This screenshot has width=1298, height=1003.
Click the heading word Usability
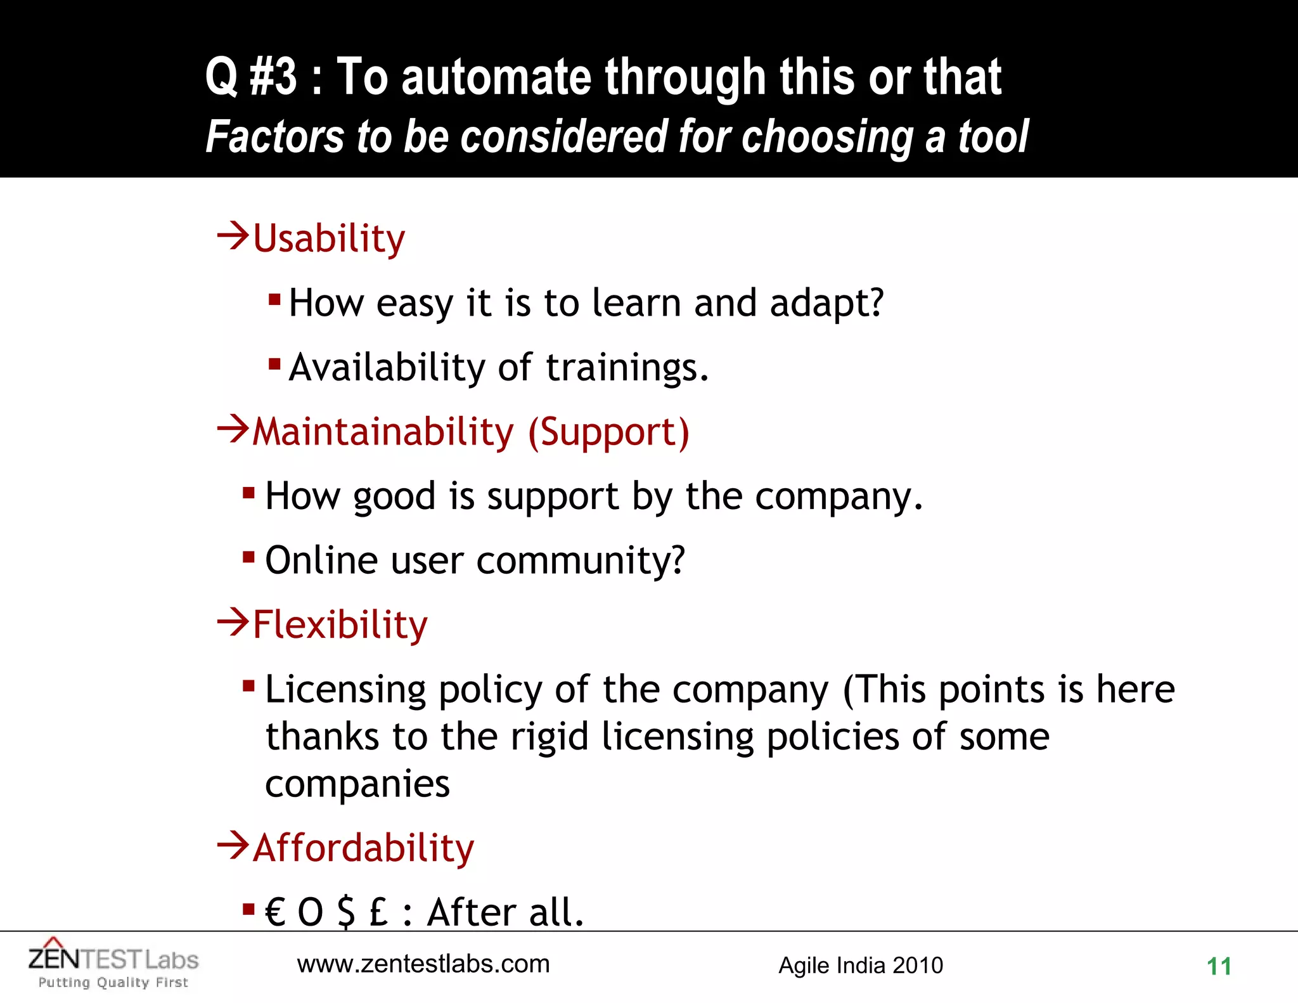(x=328, y=239)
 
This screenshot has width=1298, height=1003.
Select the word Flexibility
(x=340, y=624)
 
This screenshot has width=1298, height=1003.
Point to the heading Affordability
(x=363, y=848)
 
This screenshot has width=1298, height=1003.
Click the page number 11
(x=1219, y=966)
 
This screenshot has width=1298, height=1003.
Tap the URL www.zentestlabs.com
(x=423, y=964)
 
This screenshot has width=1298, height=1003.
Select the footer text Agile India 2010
(x=861, y=965)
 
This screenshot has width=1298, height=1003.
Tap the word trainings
(x=627, y=368)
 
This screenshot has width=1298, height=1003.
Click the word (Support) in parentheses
(x=608, y=432)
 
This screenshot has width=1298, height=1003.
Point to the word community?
(x=580, y=561)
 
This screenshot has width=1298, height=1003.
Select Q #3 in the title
(x=251, y=77)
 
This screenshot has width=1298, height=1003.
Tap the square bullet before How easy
(x=274, y=299)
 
